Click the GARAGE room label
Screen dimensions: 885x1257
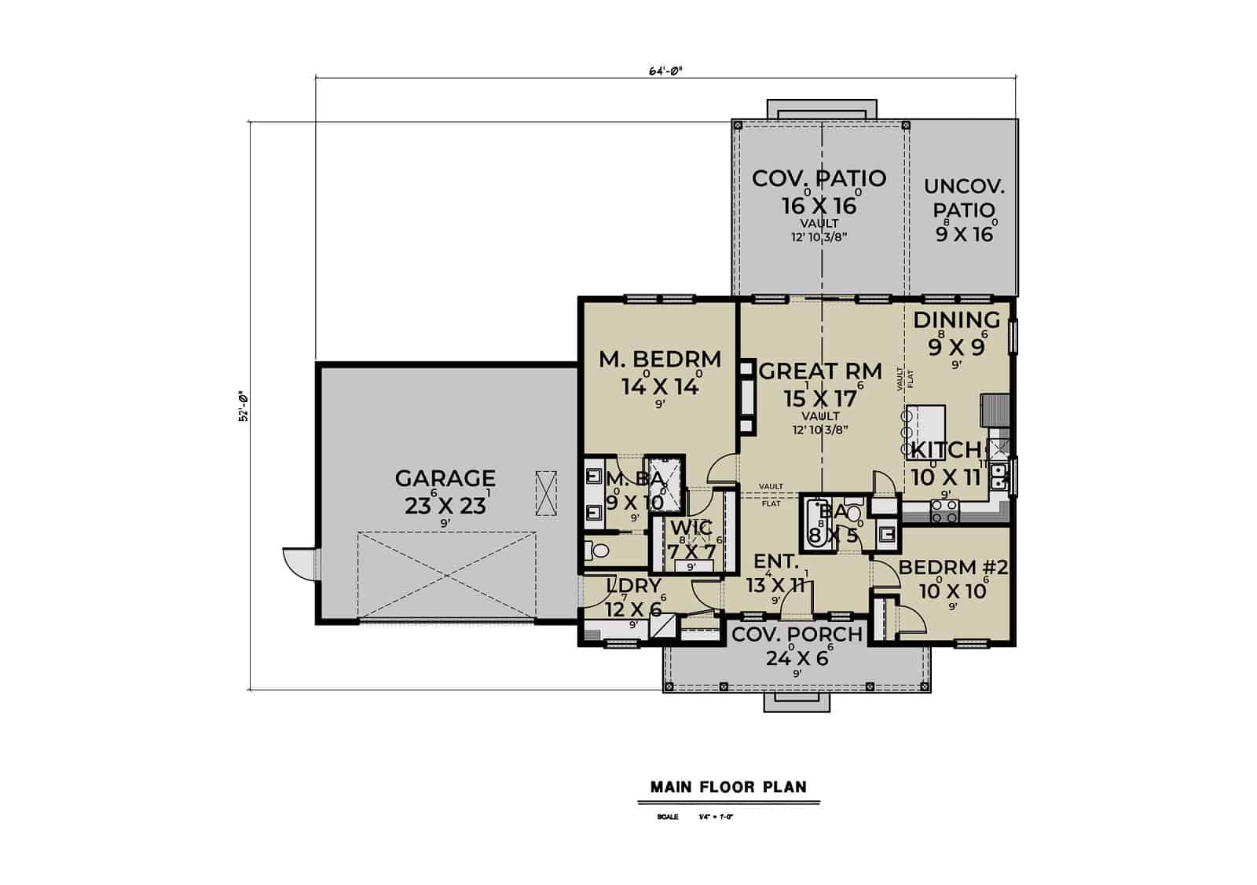[445, 478]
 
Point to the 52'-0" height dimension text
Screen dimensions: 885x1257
[244, 406]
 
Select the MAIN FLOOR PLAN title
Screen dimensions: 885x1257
[728, 787]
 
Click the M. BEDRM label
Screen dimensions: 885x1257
[660, 360]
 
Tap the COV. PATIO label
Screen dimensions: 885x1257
[819, 179]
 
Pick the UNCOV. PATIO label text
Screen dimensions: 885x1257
[964, 199]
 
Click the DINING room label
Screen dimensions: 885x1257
[956, 320]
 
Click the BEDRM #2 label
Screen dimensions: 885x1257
[952, 568]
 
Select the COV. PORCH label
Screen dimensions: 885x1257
[797, 634]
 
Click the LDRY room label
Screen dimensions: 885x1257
[634, 586]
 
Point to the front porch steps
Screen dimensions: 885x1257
[797, 702]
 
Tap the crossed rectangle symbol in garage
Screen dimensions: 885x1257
[545, 493]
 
